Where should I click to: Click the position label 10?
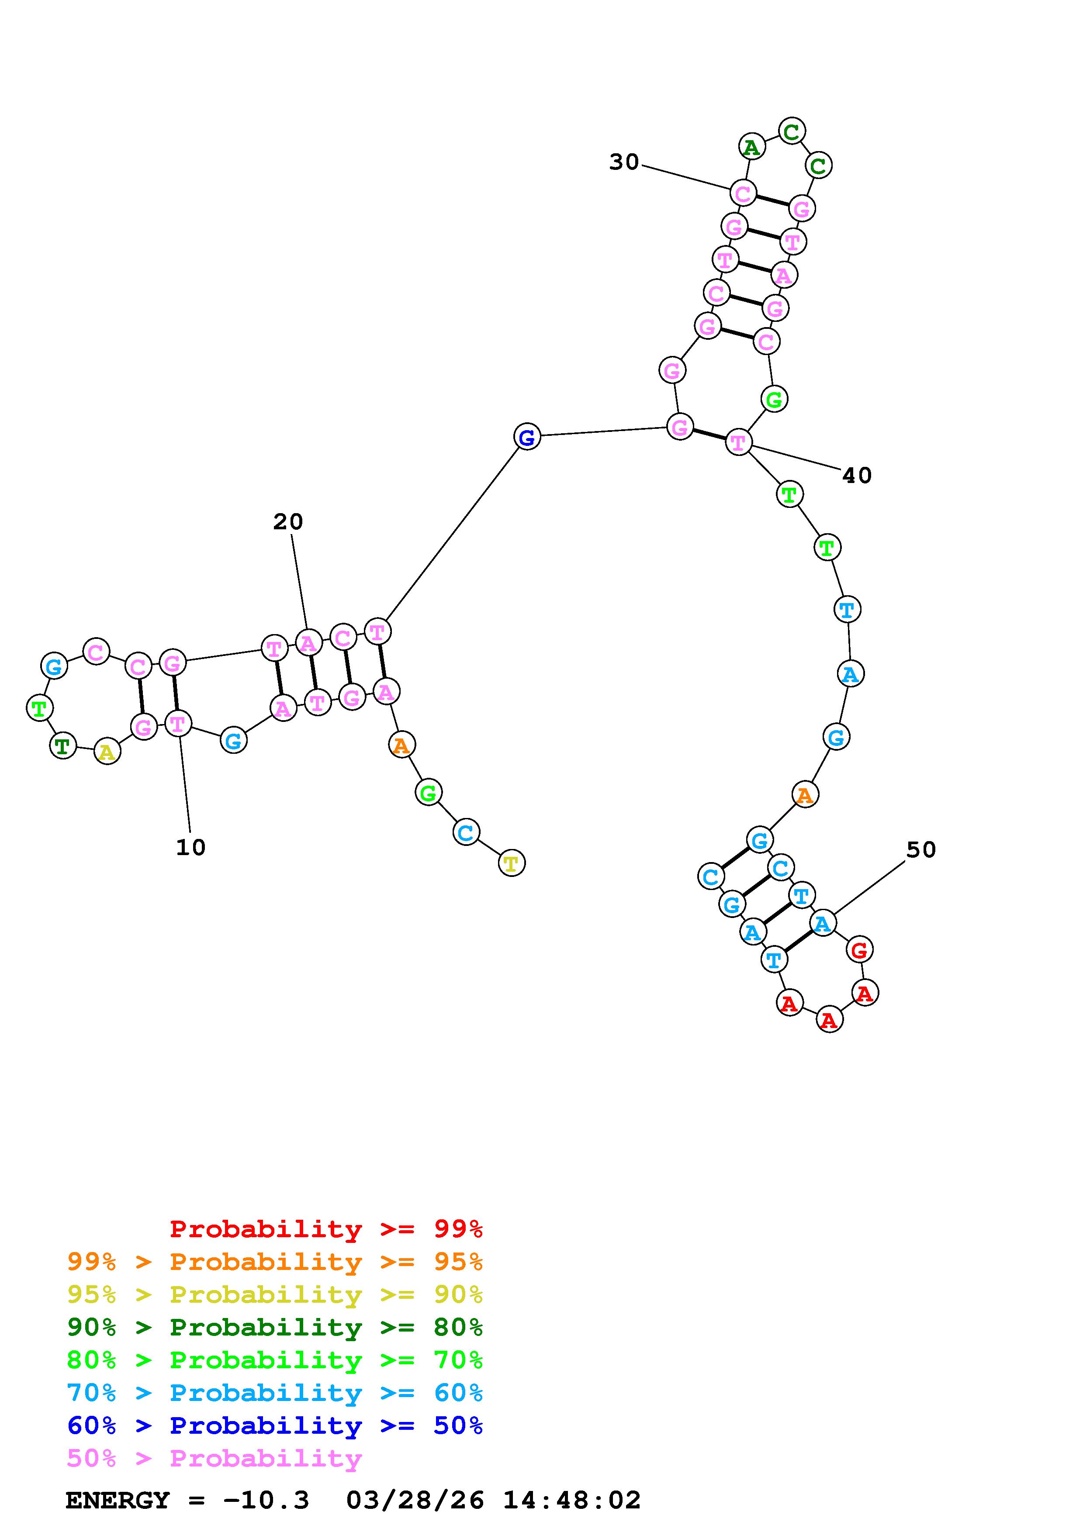pyautogui.click(x=191, y=847)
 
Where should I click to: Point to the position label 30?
pyautogui.click(x=624, y=162)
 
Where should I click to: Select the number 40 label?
pyautogui.click(x=857, y=476)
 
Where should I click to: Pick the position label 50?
pyautogui.click(x=921, y=850)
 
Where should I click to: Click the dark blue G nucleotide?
pyautogui.click(x=526, y=437)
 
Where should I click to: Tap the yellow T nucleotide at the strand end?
pyautogui.click(x=511, y=863)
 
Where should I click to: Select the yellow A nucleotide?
pyautogui.click(x=107, y=752)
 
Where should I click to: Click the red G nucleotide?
pyautogui.click(x=859, y=949)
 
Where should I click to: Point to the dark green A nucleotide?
pyautogui.click(x=751, y=147)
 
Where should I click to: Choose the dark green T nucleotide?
pyautogui.click(x=63, y=745)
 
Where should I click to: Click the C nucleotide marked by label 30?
pyautogui.click(x=742, y=193)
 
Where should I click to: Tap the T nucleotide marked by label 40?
pyautogui.click(x=738, y=442)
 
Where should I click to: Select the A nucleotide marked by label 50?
pyautogui.click(x=822, y=924)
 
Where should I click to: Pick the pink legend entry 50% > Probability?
pyautogui.click(x=214, y=1459)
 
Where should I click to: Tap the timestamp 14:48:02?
pyautogui.click(x=571, y=1501)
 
